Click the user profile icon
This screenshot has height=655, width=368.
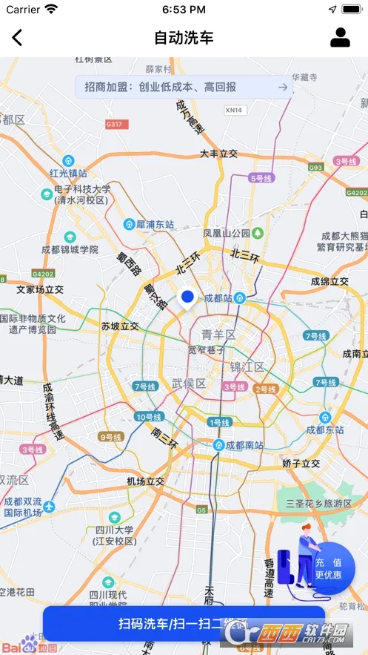[x=340, y=37]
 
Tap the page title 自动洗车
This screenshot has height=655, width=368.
[x=184, y=37]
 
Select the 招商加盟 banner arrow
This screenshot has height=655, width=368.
[x=282, y=87]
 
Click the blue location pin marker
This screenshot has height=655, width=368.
[x=187, y=297]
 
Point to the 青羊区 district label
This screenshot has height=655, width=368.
[x=219, y=335]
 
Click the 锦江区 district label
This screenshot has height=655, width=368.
[x=247, y=366]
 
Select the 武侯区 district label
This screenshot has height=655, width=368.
[x=189, y=383]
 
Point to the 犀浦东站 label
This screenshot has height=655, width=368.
[x=154, y=223]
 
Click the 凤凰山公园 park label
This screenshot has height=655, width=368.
[x=226, y=233]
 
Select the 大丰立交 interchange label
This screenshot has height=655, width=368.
[x=218, y=154]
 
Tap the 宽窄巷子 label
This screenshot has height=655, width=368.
[x=207, y=349]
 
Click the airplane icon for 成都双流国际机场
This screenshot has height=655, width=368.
[x=49, y=506]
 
